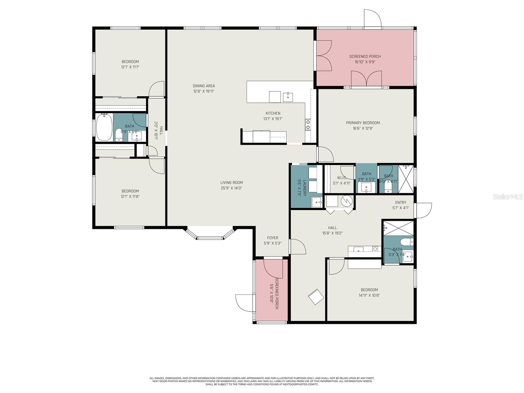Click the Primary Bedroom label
point(363,123)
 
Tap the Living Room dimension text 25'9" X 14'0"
point(231,188)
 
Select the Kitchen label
point(273,113)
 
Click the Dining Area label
point(204,86)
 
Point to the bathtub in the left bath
point(104,127)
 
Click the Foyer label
point(272,238)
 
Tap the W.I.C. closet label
point(342,178)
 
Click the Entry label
point(401,202)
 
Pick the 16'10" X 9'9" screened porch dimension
point(365,62)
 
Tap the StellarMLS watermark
point(507,197)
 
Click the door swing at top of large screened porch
point(373,15)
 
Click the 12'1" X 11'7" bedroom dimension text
point(130,67)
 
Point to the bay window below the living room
point(210,234)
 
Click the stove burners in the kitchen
point(308,124)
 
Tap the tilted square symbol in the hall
point(316,297)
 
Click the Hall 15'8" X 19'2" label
point(332,228)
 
